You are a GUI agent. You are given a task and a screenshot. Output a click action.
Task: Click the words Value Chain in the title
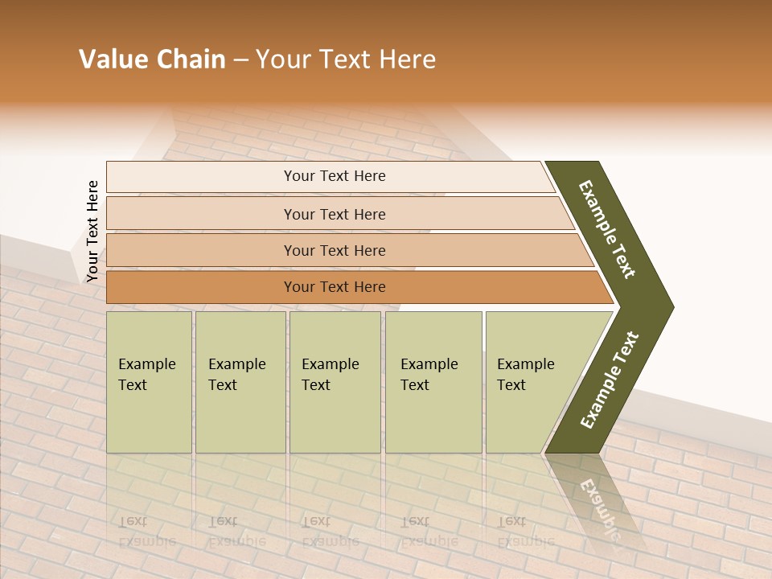coord(152,60)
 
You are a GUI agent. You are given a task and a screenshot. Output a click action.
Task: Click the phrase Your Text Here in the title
coord(346,60)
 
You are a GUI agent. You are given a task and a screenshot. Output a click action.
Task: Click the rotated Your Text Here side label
coord(92,232)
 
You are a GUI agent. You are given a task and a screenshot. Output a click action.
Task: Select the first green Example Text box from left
coord(149,382)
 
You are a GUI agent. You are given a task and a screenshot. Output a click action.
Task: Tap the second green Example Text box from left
coord(240,382)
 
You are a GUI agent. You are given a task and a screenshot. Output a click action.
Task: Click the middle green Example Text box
coord(335,382)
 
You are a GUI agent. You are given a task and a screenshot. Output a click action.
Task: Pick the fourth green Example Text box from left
coord(433,382)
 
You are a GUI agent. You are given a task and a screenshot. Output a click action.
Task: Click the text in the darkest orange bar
coord(335,287)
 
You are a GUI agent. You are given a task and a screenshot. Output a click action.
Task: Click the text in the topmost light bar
coord(335,176)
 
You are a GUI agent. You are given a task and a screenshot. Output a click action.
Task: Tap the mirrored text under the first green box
coord(146,531)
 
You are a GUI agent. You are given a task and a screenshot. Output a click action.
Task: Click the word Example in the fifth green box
coord(526,364)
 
